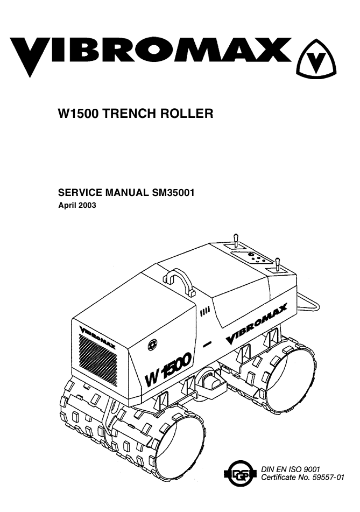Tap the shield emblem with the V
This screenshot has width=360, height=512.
pyautogui.click(x=316, y=59)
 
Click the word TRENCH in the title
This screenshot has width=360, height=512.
pyautogui.click(x=129, y=114)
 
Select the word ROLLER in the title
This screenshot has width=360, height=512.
pyautogui.click(x=186, y=114)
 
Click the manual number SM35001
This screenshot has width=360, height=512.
pyautogui.click(x=173, y=193)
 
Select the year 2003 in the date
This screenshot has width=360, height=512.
pyautogui.click(x=87, y=205)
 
